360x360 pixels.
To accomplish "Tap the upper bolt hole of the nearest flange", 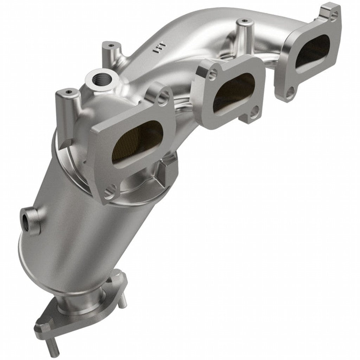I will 162,97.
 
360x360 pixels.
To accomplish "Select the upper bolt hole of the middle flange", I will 212,73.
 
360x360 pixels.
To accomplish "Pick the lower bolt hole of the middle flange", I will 254,112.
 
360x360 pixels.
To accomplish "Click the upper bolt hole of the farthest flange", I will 334,15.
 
